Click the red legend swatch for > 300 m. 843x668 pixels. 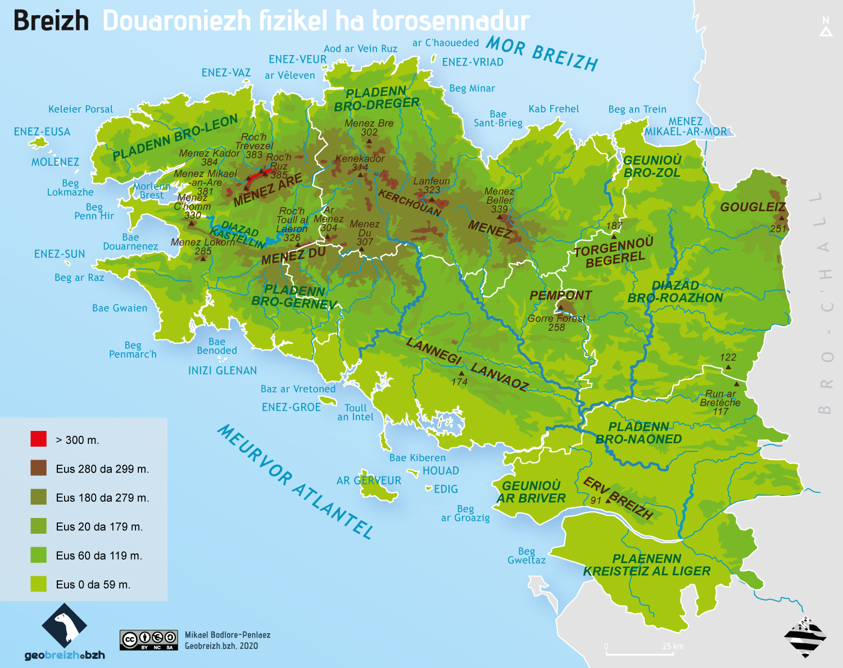pos(38,439)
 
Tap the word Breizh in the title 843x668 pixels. pos(51,21)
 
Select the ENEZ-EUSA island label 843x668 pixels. pos(42,132)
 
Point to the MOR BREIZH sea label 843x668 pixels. pos(542,53)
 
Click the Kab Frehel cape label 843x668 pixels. pos(554,109)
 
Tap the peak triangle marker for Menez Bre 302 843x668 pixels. pos(369,141)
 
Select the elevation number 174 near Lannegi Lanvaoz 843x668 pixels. pos(459,382)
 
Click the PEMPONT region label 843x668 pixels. pos(560,296)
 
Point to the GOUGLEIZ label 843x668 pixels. pos(753,207)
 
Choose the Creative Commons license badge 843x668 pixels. pos(149,640)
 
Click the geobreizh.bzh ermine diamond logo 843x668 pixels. pos(65,625)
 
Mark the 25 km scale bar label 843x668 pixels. pos(673,646)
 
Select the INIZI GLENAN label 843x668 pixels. pos(223,371)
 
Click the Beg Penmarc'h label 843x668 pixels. pos(133,350)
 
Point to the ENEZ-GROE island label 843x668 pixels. pos(291,407)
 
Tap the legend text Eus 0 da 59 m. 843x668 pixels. pos(93,585)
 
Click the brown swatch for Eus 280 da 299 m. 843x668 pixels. pos(38,468)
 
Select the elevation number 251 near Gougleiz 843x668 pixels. pos(778,229)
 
